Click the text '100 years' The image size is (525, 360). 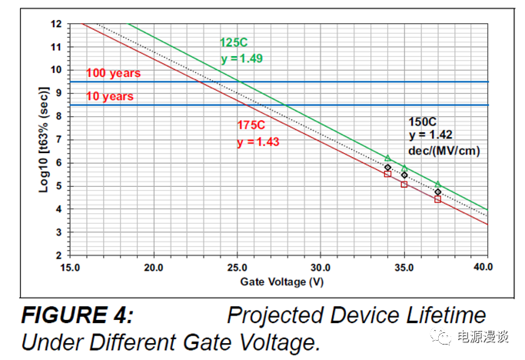[113, 73]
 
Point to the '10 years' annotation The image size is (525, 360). [110, 96]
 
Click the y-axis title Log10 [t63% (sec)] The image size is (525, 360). [45, 139]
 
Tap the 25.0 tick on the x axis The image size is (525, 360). [237, 268]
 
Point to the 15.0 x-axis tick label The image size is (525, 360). [69, 268]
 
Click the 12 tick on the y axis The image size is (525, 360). [55, 23]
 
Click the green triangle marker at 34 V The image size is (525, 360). [387, 158]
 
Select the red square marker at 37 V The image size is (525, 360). [437, 199]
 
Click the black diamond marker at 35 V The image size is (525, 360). [404, 175]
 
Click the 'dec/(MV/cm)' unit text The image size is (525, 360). [445, 152]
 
